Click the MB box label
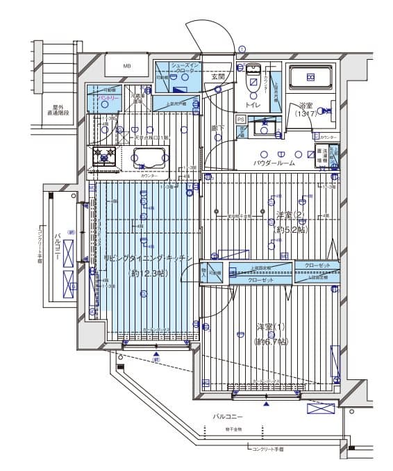[126, 67]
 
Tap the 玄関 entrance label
[217, 77]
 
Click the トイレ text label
[252, 105]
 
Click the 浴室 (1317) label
[306, 109]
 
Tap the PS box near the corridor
[241, 119]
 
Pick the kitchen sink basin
[146, 159]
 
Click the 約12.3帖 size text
[147, 273]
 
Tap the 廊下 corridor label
[217, 129]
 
